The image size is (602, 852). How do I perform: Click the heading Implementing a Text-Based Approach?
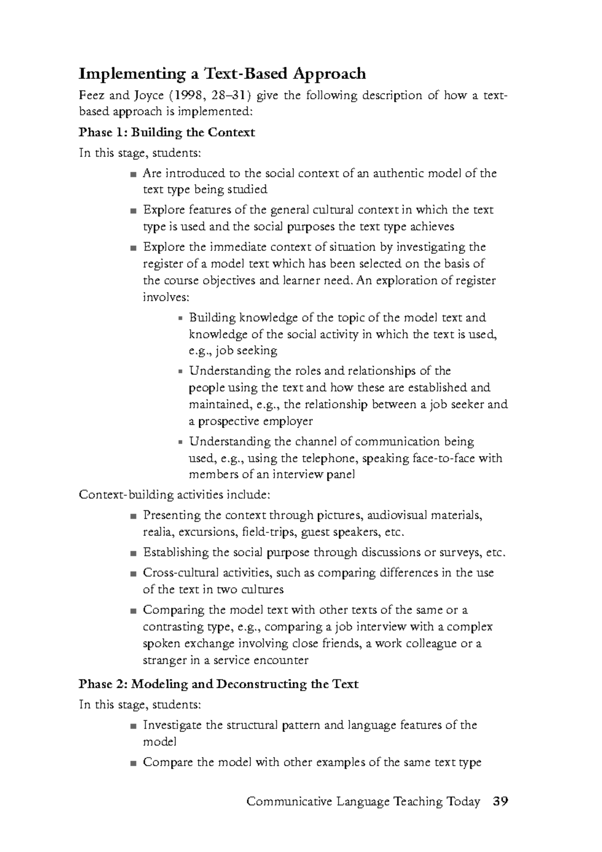222,74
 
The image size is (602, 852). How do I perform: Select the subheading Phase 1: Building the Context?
167,132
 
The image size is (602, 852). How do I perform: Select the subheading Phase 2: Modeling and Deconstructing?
219,684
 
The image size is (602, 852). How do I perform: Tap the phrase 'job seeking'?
246,351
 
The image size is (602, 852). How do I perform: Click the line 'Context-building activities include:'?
175,495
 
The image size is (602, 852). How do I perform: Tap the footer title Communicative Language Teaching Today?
363,802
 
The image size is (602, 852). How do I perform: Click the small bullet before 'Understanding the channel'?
181,443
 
